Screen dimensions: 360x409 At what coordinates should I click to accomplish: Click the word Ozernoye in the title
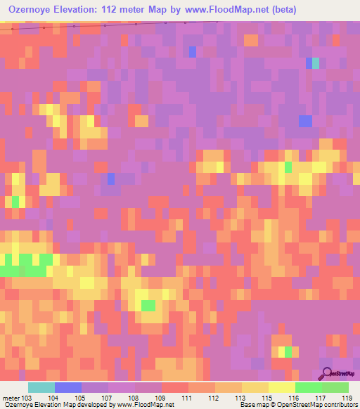pyautogui.click(x=27, y=10)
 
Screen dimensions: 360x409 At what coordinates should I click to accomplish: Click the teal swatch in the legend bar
pyautogui.click(x=41, y=387)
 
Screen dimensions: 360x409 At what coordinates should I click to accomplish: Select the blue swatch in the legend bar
pyautogui.click(x=68, y=387)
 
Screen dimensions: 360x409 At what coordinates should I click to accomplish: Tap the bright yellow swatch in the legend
pyautogui.click(x=281, y=387)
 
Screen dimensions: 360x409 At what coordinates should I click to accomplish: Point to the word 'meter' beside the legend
pyautogui.click(x=10, y=398)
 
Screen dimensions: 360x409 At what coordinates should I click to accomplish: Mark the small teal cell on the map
pyautogui.click(x=316, y=63)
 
